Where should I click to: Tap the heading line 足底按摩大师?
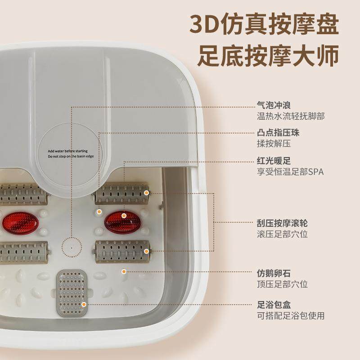268,57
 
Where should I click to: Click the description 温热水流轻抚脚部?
290,117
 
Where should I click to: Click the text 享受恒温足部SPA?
290,172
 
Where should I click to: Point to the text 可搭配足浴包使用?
290,315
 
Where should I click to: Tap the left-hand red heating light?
19,220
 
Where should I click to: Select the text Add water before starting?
68,151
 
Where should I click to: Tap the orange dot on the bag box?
83,305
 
